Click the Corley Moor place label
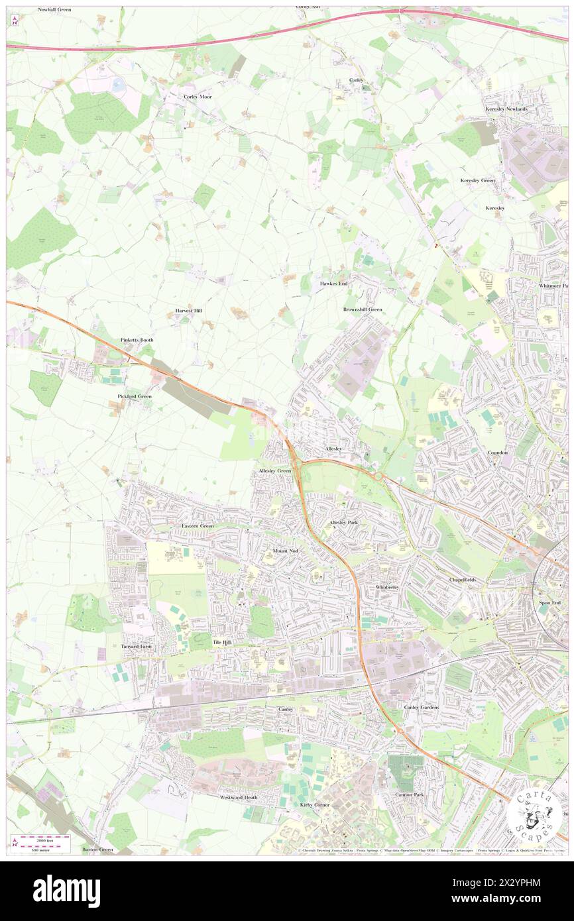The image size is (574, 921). (x=198, y=97)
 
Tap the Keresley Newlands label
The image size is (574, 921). (x=506, y=109)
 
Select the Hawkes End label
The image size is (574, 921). (x=333, y=284)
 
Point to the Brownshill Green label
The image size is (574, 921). (x=363, y=309)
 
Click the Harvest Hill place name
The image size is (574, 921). (x=189, y=310)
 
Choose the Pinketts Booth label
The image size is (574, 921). (x=137, y=340)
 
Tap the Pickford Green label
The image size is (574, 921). (x=135, y=396)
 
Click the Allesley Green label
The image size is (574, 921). (x=274, y=470)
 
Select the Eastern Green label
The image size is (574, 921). (x=198, y=525)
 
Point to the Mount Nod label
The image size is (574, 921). (x=286, y=551)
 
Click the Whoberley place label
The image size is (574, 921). (x=387, y=587)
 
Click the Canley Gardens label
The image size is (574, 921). (x=422, y=707)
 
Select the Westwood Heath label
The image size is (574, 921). (x=239, y=797)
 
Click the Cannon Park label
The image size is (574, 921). (x=409, y=794)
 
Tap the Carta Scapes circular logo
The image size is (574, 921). (x=534, y=814)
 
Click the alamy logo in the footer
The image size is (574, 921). (x=66, y=891)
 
